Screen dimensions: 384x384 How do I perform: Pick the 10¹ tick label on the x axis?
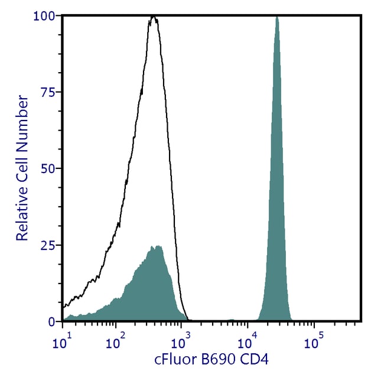tap(63, 341)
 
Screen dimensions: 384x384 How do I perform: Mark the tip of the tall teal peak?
tap(276, 17)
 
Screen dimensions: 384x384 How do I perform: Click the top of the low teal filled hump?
tap(155, 246)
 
